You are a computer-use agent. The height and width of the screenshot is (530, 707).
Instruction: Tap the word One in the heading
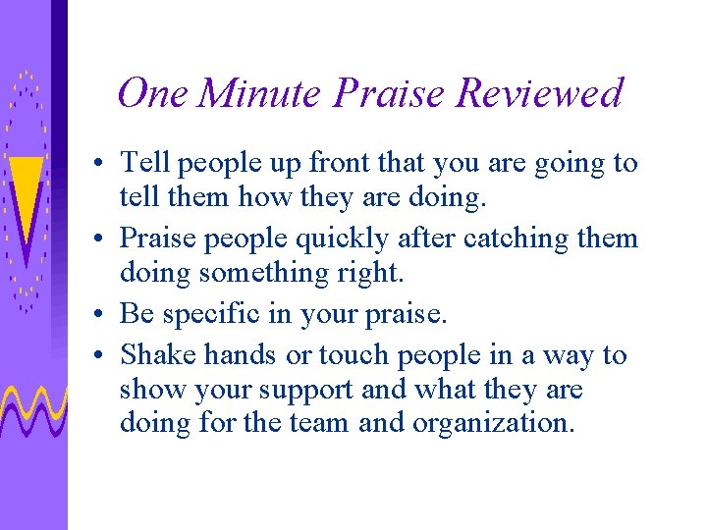pyautogui.click(x=153, y=94)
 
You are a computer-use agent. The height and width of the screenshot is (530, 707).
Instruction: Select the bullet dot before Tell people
pyautogui.click(x=101, y=165)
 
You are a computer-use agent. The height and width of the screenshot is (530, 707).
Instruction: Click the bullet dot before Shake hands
pyautogui.click(x=101, y=356)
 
